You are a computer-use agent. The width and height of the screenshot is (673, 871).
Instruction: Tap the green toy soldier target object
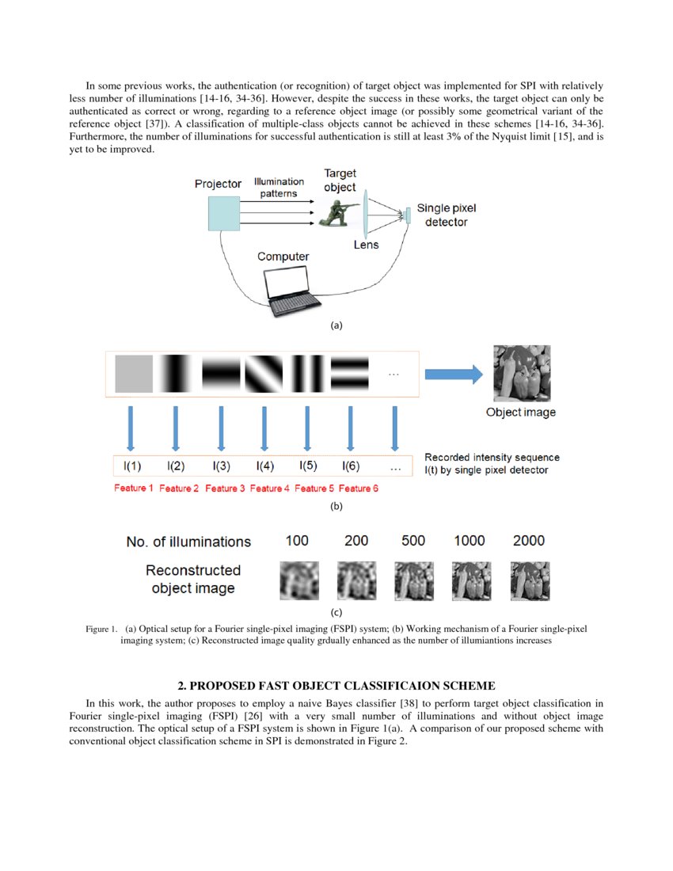click(337, 211)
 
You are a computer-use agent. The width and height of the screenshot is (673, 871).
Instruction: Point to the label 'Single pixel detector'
click(447, 215)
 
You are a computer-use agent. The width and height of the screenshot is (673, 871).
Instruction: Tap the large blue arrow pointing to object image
click(454, 375)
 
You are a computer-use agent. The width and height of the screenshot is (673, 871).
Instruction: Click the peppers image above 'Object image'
click(519, 373)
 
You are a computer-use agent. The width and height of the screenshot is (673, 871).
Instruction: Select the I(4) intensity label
click(264, 466)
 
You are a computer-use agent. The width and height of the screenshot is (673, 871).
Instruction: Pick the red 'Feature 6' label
click(358, 489)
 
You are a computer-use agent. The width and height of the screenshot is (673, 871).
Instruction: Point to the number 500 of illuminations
click(413, 541)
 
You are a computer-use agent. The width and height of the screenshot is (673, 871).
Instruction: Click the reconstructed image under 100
click(298, 580)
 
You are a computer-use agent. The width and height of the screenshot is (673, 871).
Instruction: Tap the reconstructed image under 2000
click(529, 580)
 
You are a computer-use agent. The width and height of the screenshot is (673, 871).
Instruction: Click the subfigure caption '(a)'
click(336, 325)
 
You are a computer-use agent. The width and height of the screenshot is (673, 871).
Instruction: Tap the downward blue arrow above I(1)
click(131, 428)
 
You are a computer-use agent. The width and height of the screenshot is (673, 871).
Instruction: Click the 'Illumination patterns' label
click(279, 187)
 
